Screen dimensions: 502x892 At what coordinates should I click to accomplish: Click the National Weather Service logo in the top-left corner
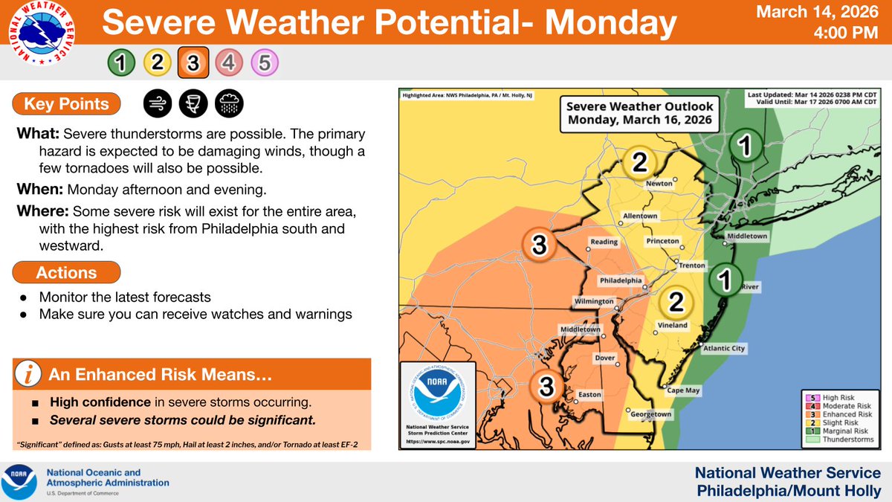pyautogui.click(x=44, y=37)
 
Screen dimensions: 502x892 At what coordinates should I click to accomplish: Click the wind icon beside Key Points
pyautogui.click(x=156, y=105)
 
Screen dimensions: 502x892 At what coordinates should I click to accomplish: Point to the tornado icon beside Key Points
pyautogui.click(x=192, y=105)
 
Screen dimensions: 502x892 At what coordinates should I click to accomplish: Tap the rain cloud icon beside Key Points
pyautogui.click(x=227, y=105)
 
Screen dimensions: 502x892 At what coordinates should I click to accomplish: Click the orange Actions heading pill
pyautogui.click(x=67, y=273)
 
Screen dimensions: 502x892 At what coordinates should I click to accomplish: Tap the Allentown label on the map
pyautogui.click(x=639, y=216)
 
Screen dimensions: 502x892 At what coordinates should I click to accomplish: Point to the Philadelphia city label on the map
pyautogui.click(x=621, y=280)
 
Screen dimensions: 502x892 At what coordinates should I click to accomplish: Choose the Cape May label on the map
pyautogui.click(x=683, y=390)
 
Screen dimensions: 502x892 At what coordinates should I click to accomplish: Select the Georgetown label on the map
pyautogui.click(x=652, y=414)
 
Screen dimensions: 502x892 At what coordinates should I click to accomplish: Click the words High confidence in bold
pyautogui.click(x=97, y=402)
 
